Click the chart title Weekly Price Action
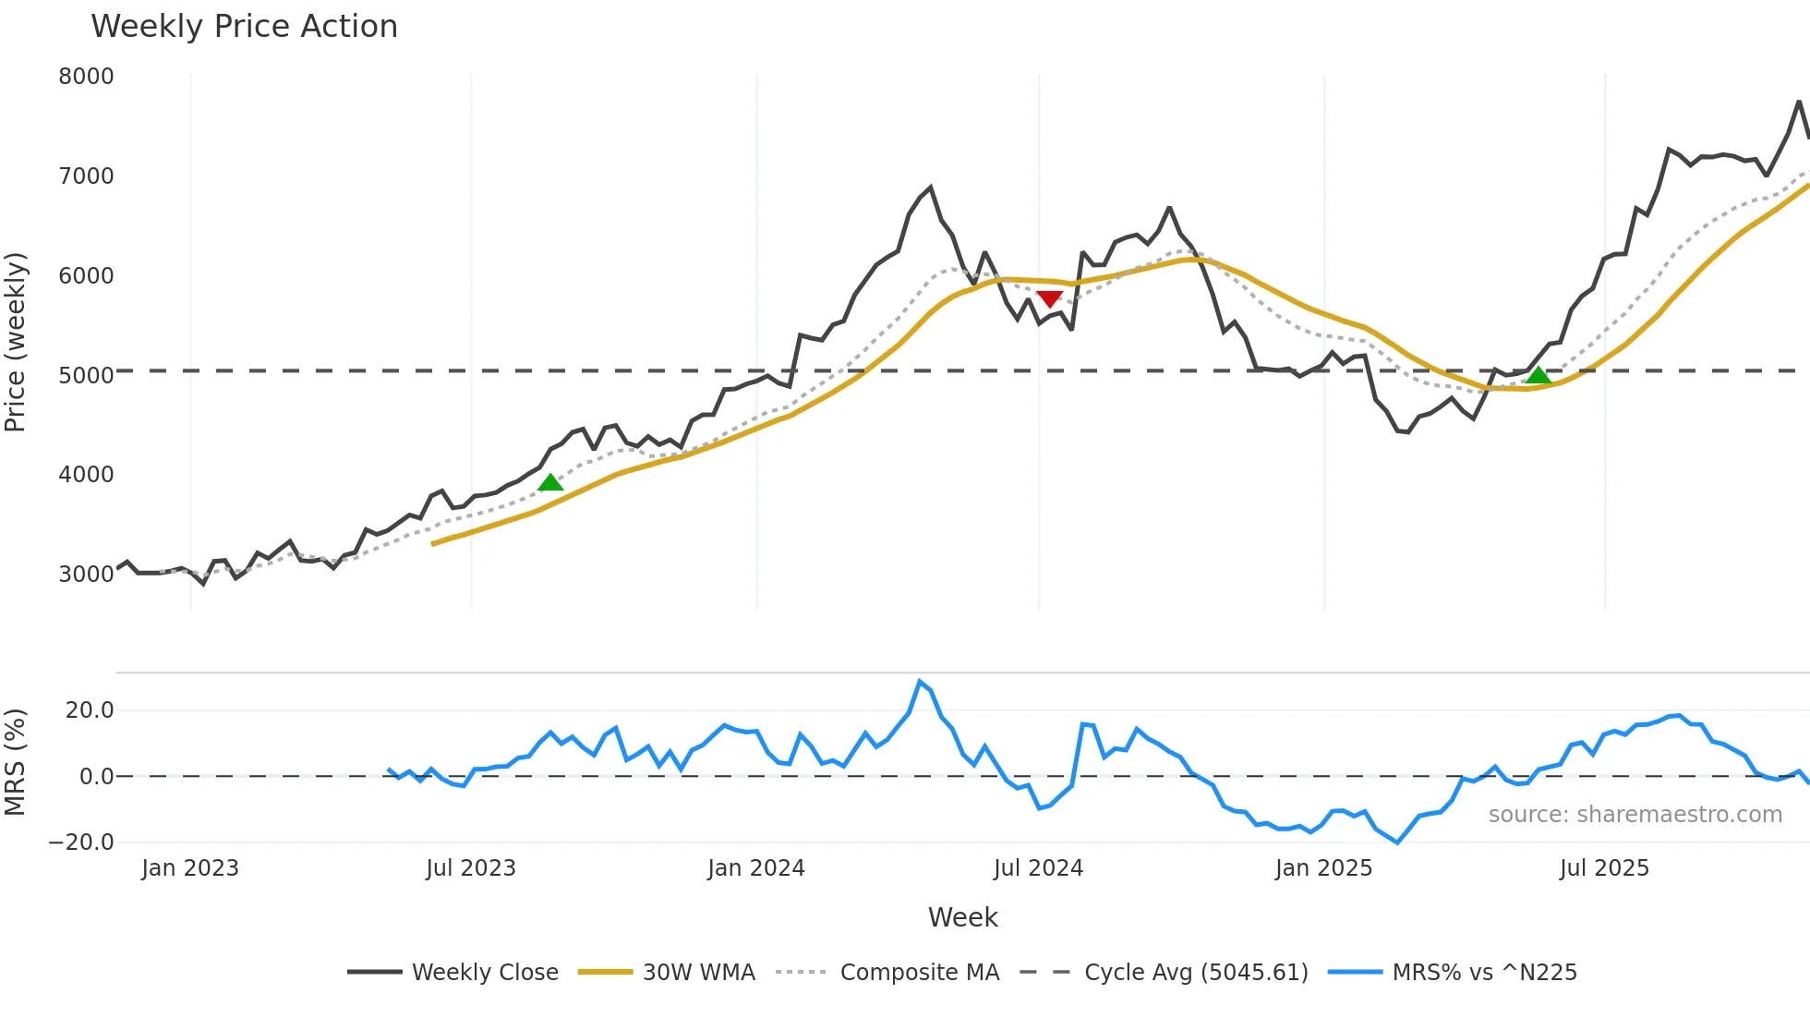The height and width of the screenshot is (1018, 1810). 244,26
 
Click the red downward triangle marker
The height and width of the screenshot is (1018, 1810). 1049,298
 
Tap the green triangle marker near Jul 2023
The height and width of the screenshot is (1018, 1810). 550,482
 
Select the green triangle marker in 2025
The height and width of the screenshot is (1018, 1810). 1538,375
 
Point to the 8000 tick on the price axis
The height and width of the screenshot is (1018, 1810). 86,76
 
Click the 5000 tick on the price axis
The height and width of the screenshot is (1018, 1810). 86,375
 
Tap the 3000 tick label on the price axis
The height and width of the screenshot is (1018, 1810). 86,574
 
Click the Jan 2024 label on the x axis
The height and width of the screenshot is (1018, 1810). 755,868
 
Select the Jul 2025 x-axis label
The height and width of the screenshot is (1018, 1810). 1604,868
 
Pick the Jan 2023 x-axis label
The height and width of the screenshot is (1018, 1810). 190,868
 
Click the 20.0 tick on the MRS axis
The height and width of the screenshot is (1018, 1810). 90,709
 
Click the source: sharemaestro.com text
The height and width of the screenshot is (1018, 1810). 1635,814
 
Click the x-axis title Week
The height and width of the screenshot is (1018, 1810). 962,917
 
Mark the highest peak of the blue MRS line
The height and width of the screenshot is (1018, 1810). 920,682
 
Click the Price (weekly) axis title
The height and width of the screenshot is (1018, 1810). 15,342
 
